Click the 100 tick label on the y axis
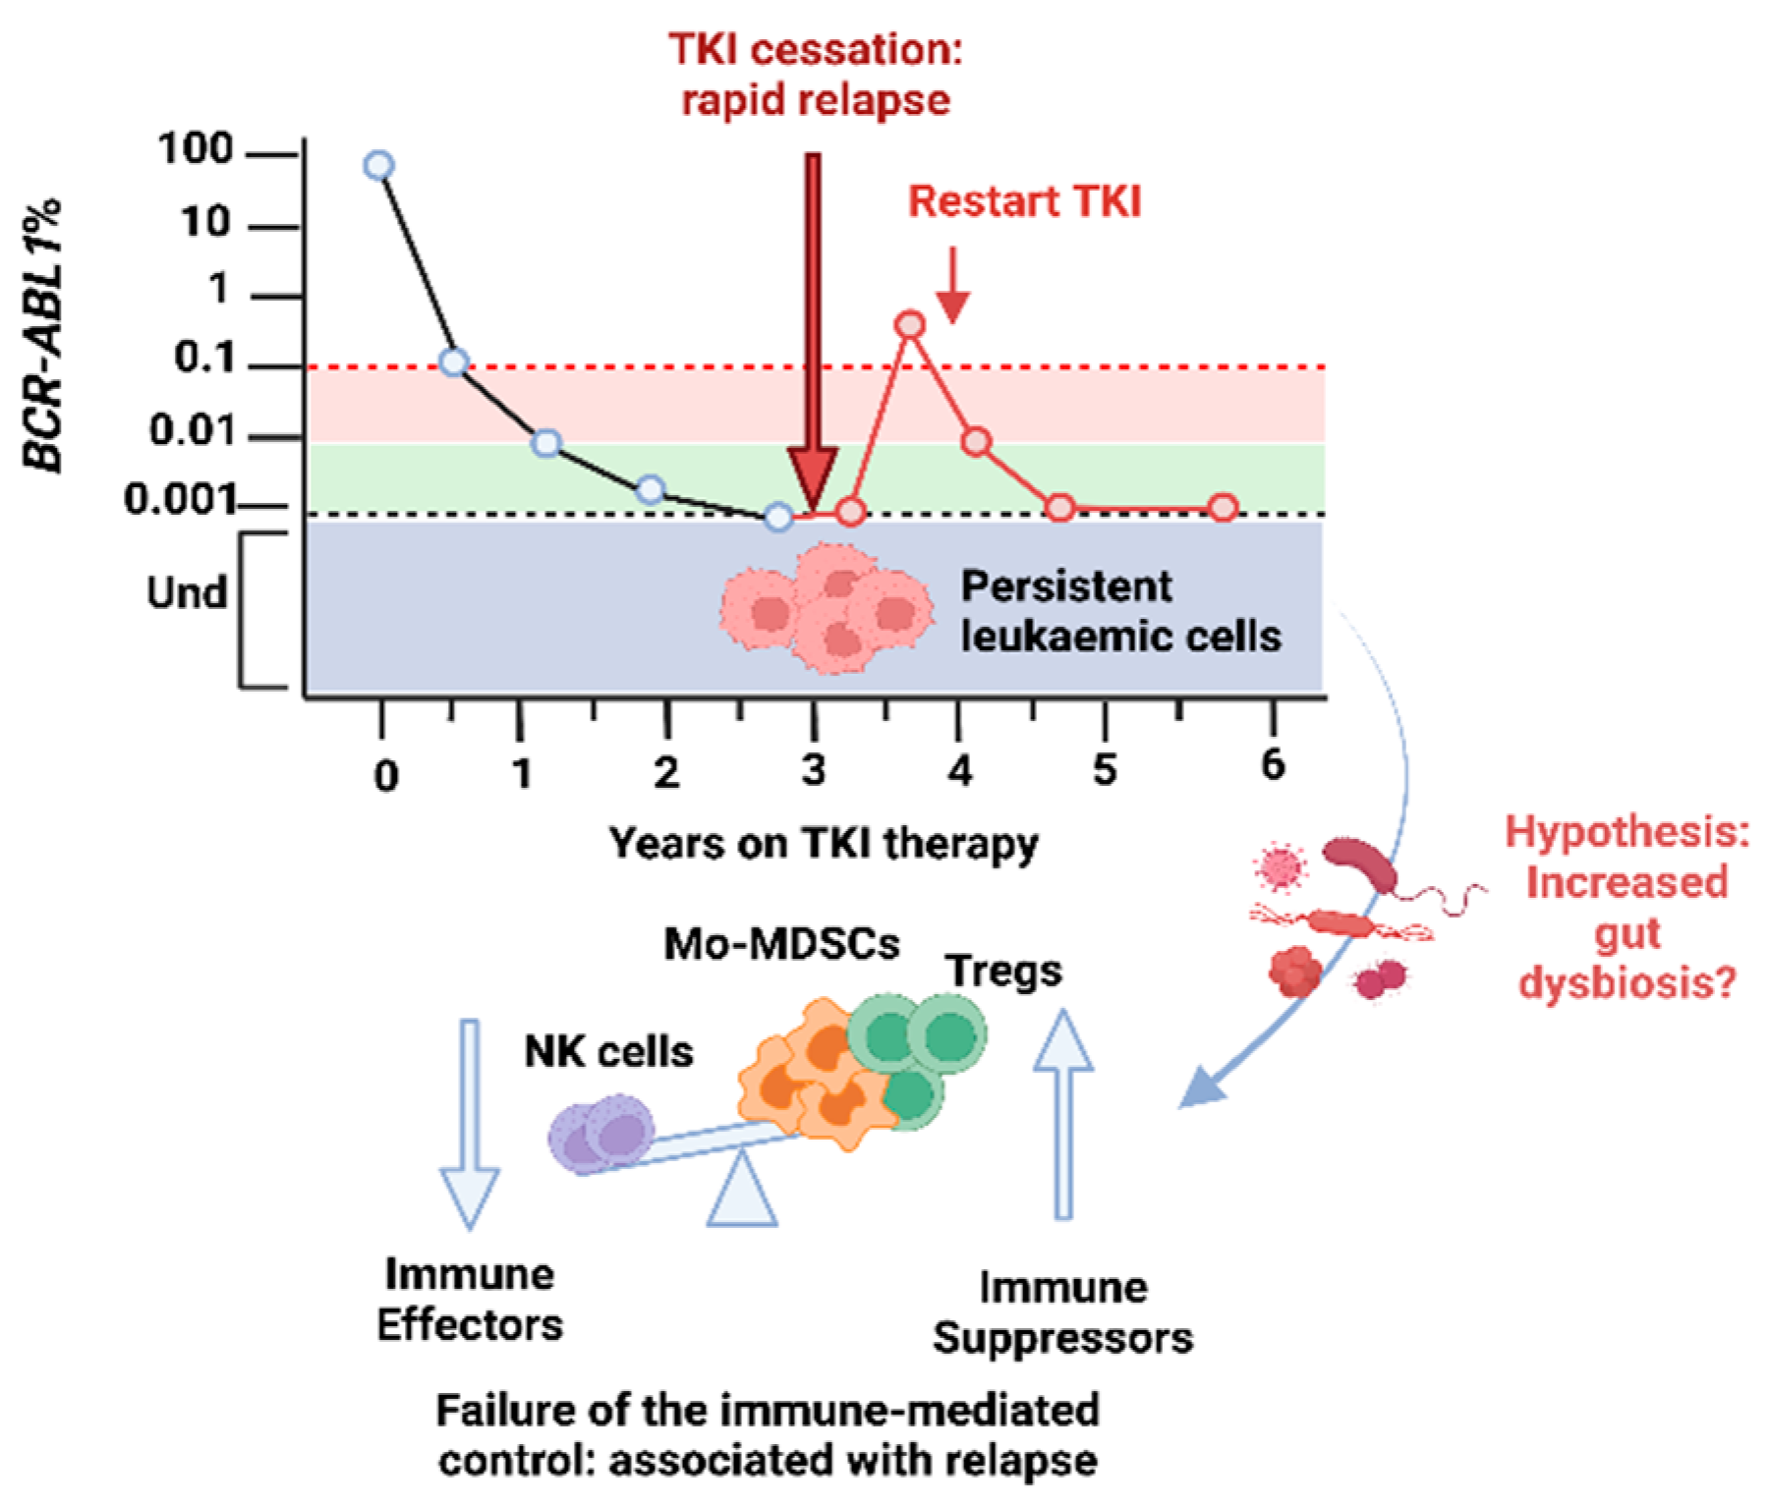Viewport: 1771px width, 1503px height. [x=197, y=150]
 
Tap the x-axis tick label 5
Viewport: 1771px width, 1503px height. [x=1105, y=771]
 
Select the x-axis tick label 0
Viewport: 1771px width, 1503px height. [x=386, y=775]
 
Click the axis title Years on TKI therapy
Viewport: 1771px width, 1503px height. [x=824, y=844]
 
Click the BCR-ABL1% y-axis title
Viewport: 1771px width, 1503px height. [x=44, y=336]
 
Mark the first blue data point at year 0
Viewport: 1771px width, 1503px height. [x=379, y=165]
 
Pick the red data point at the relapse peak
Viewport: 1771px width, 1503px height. [x=911, y=325]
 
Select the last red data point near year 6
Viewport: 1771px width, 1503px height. [x=1223, y=508]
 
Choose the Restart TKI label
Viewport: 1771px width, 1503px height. [x=1024, y=201]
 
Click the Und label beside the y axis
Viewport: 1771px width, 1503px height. [x=187, y=592]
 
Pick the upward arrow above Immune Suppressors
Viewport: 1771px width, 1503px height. [x=1062, y=1115]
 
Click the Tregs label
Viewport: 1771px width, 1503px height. [x=1003, y=971]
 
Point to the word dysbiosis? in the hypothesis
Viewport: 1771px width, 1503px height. [x=1628, y=982]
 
